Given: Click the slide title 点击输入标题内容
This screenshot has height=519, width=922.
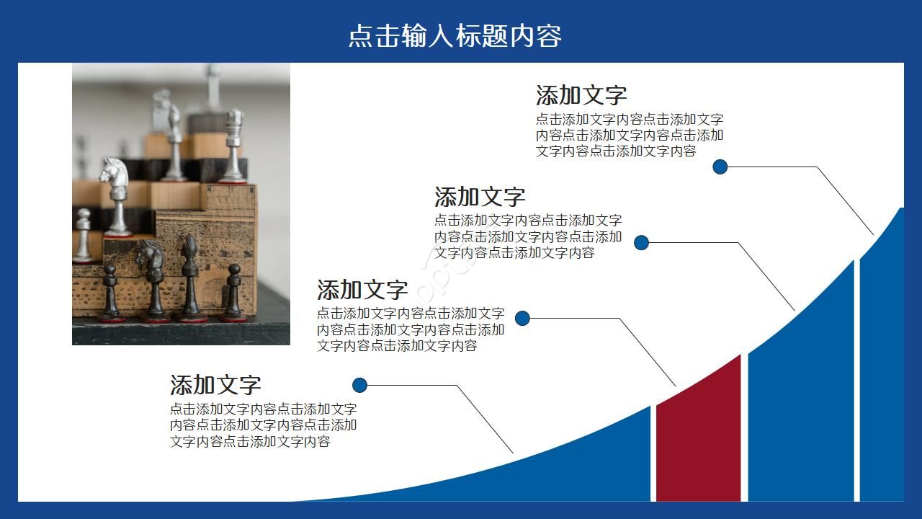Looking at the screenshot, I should pyautogui.click(x=455, y=36).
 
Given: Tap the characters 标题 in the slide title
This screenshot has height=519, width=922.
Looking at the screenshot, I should pyautogui.click(x=481, y=36).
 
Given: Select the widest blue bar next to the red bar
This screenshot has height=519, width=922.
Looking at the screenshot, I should pyautogui.click(x=800, y=396).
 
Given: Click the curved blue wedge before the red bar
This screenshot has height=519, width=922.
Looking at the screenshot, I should pyautogui.click(x=576, y=469).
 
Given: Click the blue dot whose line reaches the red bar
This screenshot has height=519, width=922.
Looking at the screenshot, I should pyautogui.click(x=523, y=318).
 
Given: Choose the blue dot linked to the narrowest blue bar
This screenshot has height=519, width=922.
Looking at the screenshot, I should pyautogui.click(x=720, y=167).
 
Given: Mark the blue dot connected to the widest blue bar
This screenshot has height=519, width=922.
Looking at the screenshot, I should pyautogui.click(x=642, y=243).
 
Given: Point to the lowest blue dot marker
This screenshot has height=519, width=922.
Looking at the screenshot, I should pyautogui.click(x=360, y=385).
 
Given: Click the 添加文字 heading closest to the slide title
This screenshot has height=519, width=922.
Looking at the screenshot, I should pyautogui.click(x=581, y=95).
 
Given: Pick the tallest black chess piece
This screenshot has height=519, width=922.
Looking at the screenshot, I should pyautogui.click(x=189, y=278).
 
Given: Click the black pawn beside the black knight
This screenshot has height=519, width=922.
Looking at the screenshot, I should pyautogui.click(x=110, y=292).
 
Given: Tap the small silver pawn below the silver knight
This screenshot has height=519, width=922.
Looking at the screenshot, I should pyautogui.click(x=84, y=234).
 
